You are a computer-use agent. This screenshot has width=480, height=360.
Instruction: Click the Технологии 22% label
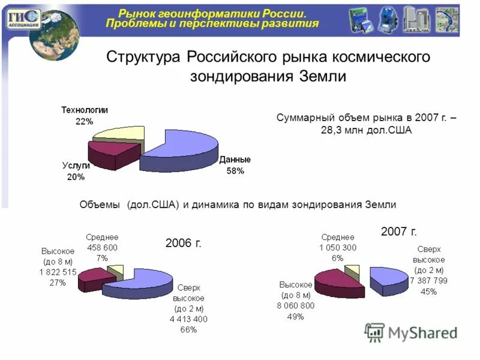tap(84, 116)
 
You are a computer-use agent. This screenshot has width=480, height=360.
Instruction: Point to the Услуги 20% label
tap(76, 171)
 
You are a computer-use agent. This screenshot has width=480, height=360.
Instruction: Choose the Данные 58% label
tap(235, 165)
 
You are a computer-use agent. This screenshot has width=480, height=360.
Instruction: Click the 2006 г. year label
tap(184, 242)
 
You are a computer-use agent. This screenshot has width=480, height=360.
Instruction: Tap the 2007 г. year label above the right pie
tap(399, 231)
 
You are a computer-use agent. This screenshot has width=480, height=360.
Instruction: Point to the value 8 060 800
tap(296, 305)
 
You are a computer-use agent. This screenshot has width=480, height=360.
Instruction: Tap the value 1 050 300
tap(338, 247)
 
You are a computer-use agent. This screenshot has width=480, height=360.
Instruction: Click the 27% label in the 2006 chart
tap(58, 283)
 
